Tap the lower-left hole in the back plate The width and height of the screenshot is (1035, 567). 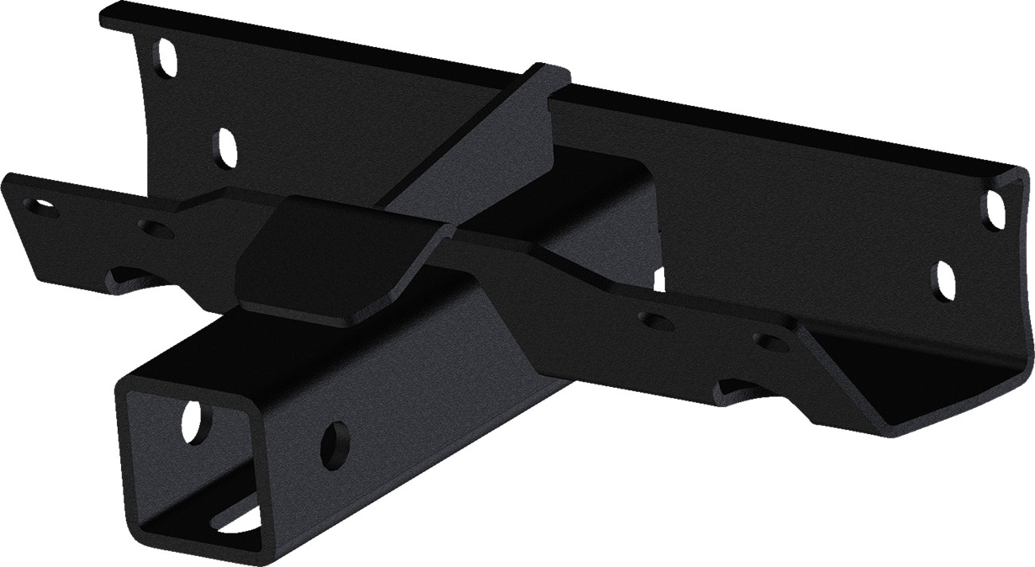(x=228, y=148)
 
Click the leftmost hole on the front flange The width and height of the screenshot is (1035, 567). (x=40, y=205)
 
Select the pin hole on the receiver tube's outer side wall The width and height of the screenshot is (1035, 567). (x=336, y=444)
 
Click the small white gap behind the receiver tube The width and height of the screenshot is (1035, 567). (x=659, y=280)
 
